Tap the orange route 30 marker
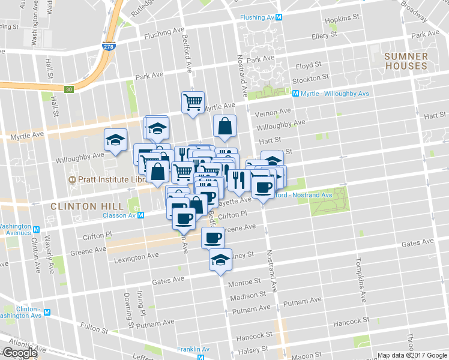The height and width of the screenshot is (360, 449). (x=70, y=89)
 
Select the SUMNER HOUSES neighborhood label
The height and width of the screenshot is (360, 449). (x=406, y=61)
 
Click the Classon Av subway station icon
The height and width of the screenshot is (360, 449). (x=140, y=214)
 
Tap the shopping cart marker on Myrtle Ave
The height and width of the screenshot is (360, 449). (x=193, y=102)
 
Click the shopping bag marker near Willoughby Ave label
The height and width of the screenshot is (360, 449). (x=224, y=126)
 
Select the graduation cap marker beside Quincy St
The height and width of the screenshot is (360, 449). (x=220, y=260)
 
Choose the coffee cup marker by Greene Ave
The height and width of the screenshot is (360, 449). (x=212, y=238)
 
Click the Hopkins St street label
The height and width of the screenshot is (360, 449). (x=342, y=20)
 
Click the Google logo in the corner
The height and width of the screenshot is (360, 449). (x=20, y=353)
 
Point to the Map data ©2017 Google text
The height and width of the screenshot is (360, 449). (x=412, y=355)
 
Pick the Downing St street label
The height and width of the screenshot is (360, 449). (x=127, y=306)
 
